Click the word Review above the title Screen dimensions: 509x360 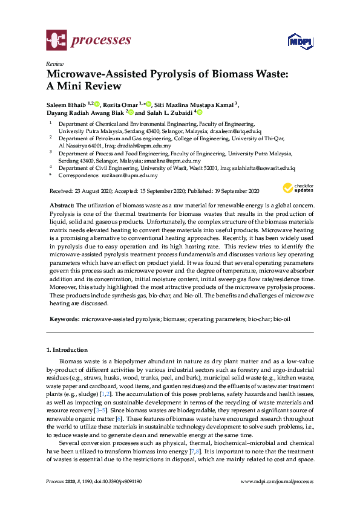coord(54,63)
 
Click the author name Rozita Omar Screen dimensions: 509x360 coord(122,104)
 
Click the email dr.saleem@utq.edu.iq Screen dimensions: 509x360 coord(235,131)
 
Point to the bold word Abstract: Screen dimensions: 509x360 coord(61,207)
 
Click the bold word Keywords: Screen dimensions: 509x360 coord(64,317)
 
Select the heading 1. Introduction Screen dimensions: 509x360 coord(67,350)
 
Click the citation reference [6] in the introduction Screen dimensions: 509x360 coord(119,419)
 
